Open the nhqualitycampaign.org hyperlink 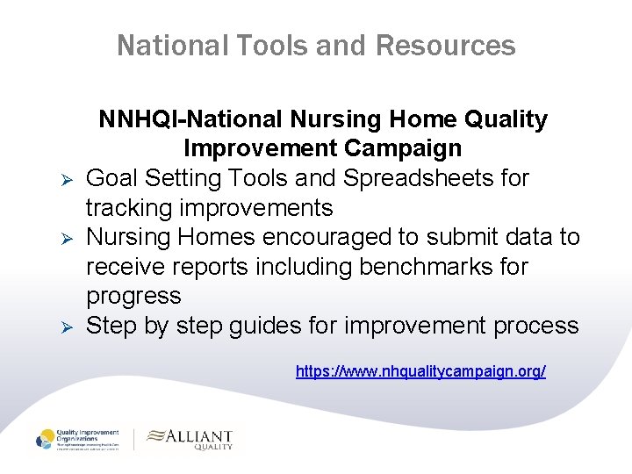tap(420, 372)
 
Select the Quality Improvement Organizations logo tap(80, 439)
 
